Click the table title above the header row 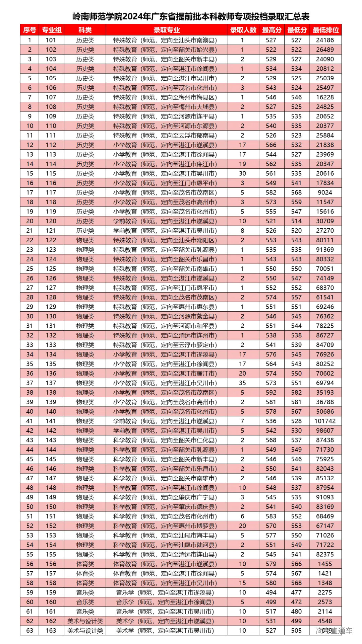tap(191, 16)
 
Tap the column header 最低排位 tap(325, 30)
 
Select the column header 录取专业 tap(167, 30)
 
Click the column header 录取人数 tap(243, 30)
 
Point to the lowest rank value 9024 tap(325, 192)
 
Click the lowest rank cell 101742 tap(325, 421)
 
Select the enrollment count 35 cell tap(242, 383)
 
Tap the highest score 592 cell tap(271, 392)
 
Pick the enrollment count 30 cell tap(242, 173)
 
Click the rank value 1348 tap(325, 583)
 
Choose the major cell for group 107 tap(165, 97)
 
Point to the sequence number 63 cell tap(29, 631)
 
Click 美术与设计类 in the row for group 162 tap(85, 621)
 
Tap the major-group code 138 tap(51, 392)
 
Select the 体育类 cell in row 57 tap(85, 573)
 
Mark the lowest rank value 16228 tap(325, 97)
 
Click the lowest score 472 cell tap(296, 602)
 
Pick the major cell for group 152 tap(165, 526)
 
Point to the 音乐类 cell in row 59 tap(85, 592)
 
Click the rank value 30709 tap(325, 221)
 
